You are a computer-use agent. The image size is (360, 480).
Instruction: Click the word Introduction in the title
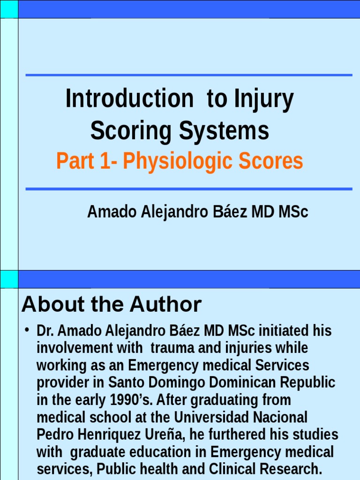click(x=129, y=99)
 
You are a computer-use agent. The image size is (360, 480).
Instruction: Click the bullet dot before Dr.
click(x=28, y=330)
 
